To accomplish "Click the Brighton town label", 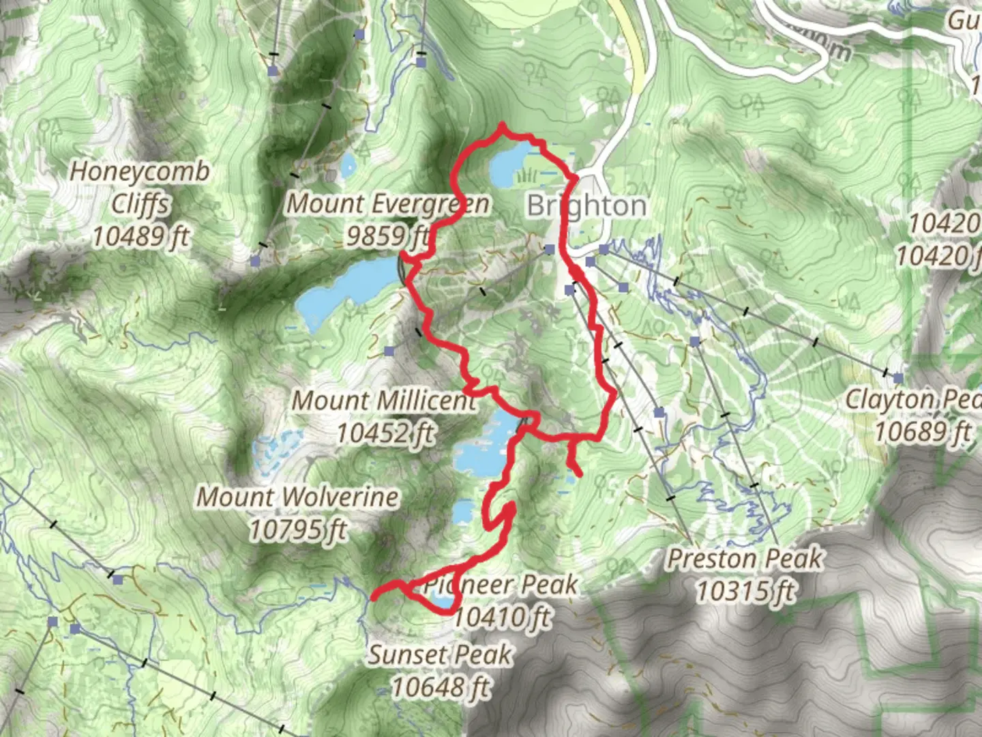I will pyautogui.click(x=586, y=205).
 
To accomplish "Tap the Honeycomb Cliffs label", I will pyautogui.click(x=140, y=188).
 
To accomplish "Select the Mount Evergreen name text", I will pyautogui.click(x=387, y=203).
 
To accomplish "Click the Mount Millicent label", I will pyautogui.click(x=384, y=401).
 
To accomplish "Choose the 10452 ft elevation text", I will pyautogui.click(x=385, y=433).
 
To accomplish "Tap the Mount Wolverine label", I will pyautogui.click(x=297, y=497).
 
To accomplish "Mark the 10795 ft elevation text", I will pyautogui.click(x=297, y=530).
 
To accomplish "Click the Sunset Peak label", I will pyautogui.click(x=440, y=655).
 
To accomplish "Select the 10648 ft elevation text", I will pyautogui.click(x=440, y=687).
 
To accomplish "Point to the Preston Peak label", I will pyautogui.click(x=745, y=560).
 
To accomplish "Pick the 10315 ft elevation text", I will pyautogui.click(x=745, y=591).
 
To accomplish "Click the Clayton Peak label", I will pyautogui.click(x=914, y=400).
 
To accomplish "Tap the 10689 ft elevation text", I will pyautogui.click(x=923, y=432).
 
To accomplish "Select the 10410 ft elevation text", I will pyautogui.click(x=501, y=617).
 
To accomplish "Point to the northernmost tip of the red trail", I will pyautogui.click(x=503, y=125).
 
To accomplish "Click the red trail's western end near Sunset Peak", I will pyautogui.click(x=373, y=598).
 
